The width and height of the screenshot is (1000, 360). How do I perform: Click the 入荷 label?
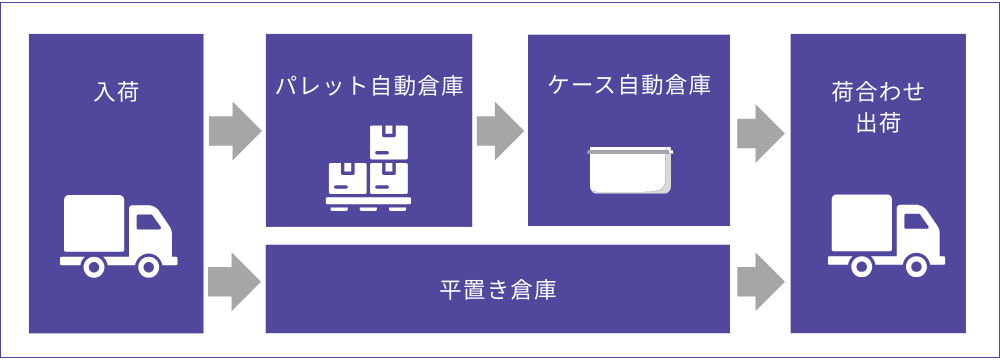tap(116, 94)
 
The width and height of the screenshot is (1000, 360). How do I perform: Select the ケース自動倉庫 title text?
tap(630, 85)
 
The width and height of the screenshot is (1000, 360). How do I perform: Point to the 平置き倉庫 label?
tap(498, 291)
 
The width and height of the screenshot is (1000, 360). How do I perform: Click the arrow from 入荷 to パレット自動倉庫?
tap(234, 130)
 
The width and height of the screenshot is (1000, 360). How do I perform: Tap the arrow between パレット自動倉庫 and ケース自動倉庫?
tap(500, 130)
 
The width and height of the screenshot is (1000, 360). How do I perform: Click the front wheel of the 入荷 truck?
tap(148, 266)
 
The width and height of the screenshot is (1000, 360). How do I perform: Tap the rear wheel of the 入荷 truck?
tap(93, 266)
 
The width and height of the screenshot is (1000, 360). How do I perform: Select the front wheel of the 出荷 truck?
tap(916, 266)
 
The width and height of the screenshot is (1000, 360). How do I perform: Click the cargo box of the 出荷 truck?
tap(861, 224)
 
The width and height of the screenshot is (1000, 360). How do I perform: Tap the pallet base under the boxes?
tap(368, 204)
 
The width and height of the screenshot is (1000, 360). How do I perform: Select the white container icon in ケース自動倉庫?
tap(630, 170)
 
